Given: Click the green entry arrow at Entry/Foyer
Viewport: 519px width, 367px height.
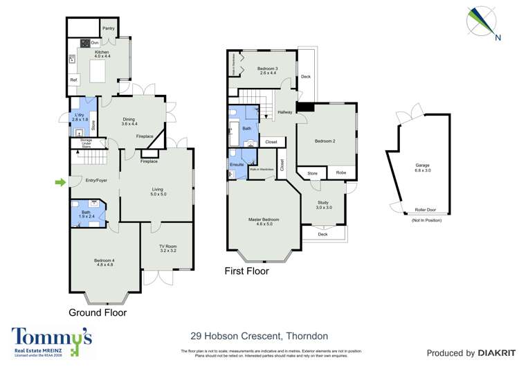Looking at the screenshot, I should click(x=60, y=182).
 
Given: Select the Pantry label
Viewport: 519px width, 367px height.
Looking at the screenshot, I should click(x=108, y=28).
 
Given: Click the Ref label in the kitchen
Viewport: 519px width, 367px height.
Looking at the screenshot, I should click(x=73, y=81).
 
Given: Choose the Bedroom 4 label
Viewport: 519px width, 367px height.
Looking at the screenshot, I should click(x=104, y=260).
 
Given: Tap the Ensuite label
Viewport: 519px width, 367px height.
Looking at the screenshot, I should click(x=237, y=165).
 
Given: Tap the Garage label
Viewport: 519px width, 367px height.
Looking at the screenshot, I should click(x=422, y=165).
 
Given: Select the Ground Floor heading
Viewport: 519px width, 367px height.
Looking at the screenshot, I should click(x=98, y=312).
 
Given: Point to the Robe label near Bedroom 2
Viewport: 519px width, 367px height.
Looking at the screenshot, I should click(x=340, y=172).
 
